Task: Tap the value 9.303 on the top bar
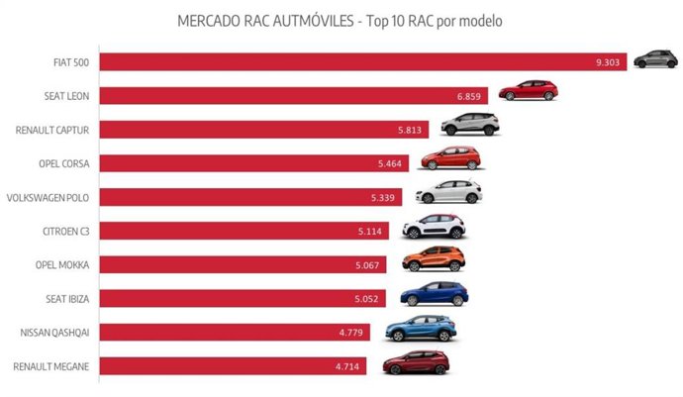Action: (x=608, y=62)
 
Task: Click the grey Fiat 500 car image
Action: (x=655, y=58)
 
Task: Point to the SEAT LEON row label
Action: (x=64, y=96)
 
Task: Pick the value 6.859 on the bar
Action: (x=471, y=96)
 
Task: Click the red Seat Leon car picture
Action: (x=528, y=91)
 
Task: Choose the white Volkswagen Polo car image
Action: (x=448, y=192)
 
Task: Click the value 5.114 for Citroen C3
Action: (x=372, y=231)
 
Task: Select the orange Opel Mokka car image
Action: (x=433, y=259)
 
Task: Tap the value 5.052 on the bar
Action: (x=369, y=298)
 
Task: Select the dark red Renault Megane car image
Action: (x=416, y=362)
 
